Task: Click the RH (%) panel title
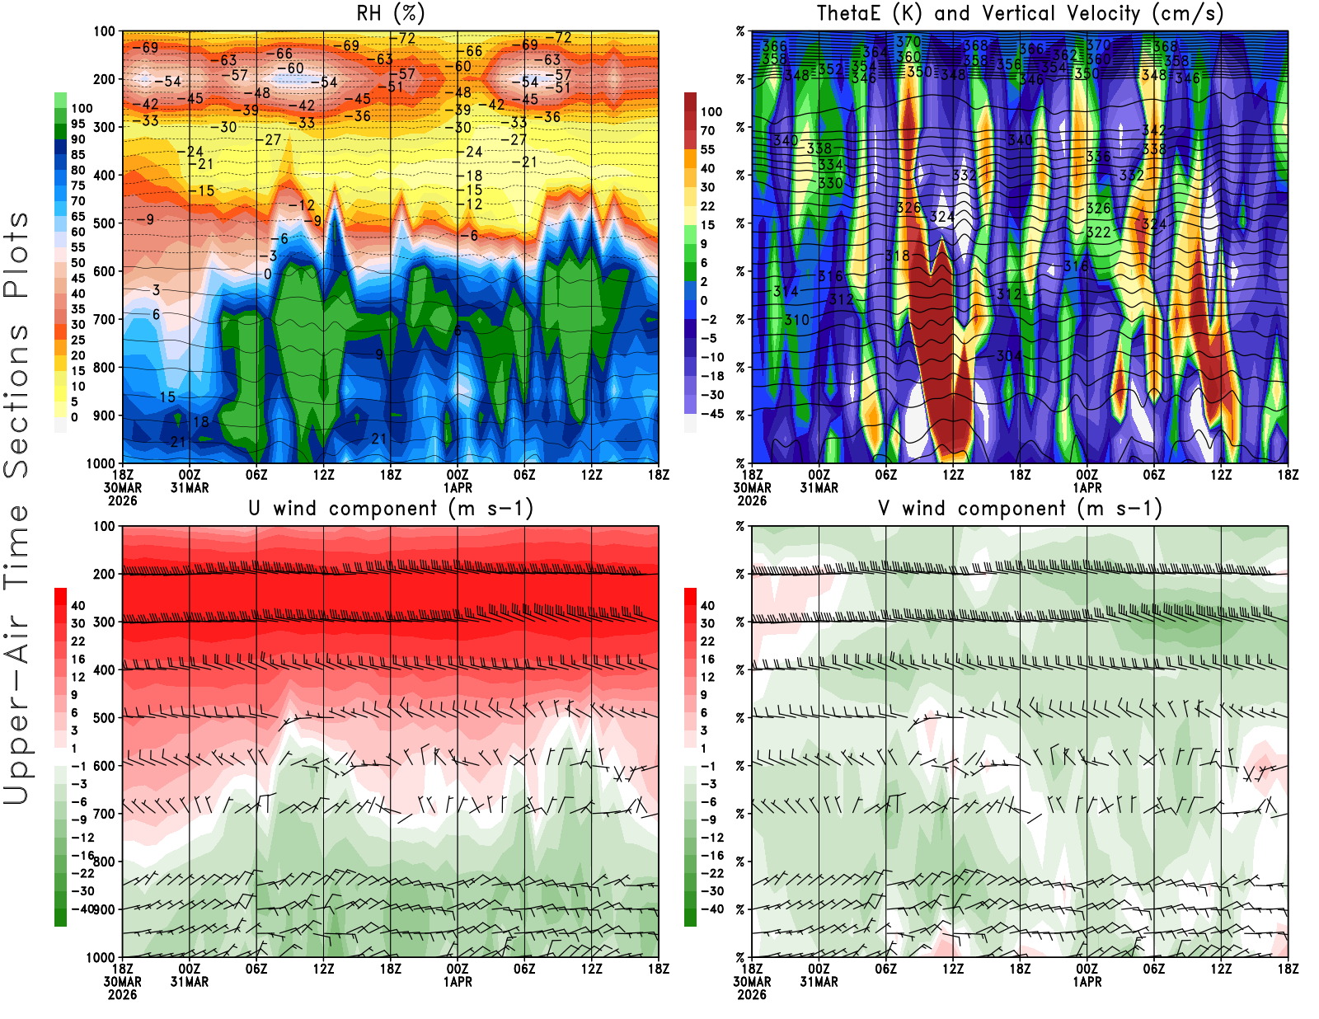[390, 13]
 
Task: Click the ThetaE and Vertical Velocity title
[1020, 13]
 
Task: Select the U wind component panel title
[391, 508]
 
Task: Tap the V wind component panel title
[1020, 508]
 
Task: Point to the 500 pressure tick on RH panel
[104, 223]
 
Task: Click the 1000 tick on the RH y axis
[101, 463]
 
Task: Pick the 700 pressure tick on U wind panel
[104, 814]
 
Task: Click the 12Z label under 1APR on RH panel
[591, 475]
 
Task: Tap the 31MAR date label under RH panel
[190, 488]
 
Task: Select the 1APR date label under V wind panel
[1087, 982]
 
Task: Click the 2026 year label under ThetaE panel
[752, 500]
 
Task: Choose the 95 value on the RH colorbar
[78, 124]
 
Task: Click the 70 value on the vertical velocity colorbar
[707, 130]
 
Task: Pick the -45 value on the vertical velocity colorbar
[712, 414]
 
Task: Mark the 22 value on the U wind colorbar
[78, 641]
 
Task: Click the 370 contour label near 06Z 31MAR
[908, 42]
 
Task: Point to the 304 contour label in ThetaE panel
[1009, 356]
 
